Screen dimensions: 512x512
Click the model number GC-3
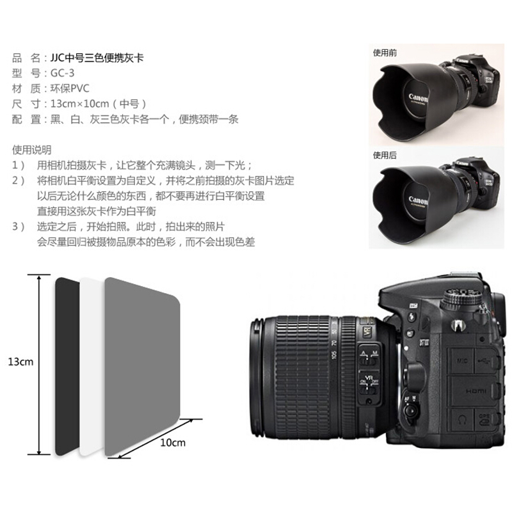(x=62, y=73)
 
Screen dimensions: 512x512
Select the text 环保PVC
(x=70, y=88)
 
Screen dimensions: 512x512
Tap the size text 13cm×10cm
(x=79, y=104)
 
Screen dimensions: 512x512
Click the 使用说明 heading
(x=31, y=150)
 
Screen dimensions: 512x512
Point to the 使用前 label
(x=385, y=53)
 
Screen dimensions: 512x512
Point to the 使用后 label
(x=385, y=155)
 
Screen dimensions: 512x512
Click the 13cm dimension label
(x=20, y=362)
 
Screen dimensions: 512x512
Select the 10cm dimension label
(x=173, y=443)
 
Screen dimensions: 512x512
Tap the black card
(x=67, y=365)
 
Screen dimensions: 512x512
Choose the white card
(x=92, y=365)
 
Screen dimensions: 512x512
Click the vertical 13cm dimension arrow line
(x=39, y=365)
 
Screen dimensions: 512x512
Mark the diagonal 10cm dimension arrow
(x=155, y=438)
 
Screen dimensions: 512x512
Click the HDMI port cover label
(x=476, y=391)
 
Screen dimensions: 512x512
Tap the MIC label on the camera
(x=462, y=361)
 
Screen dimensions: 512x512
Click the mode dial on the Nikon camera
(x=461, y=298)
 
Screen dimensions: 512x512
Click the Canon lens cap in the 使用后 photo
(x=415, y=201)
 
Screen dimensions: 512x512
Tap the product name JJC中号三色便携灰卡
(x=97, y=58)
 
